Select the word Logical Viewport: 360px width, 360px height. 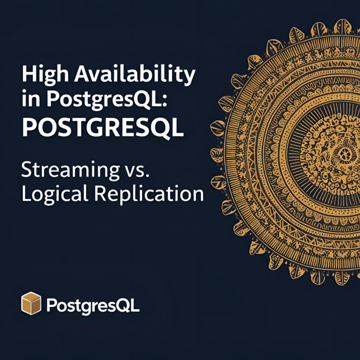55,195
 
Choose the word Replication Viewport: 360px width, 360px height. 149,194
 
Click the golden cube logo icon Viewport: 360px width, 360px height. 31,303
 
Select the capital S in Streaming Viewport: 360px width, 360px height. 27,169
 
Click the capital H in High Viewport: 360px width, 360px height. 29,74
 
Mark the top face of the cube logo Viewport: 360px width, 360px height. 31,296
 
